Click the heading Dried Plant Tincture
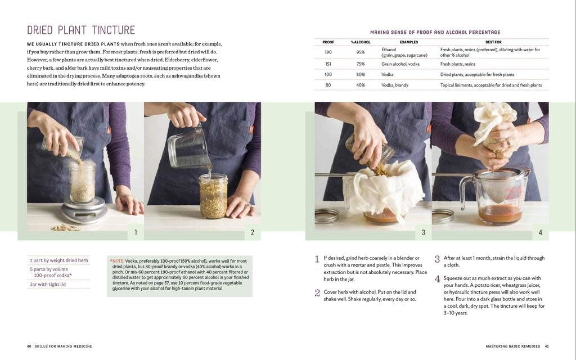click(81, 30)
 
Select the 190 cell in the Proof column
click(328, 52)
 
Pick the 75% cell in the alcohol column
click(361, 64)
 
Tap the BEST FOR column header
click(493, 42)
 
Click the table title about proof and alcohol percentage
click(435, 32)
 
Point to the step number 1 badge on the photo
click(136, 232)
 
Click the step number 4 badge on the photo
click(540, 232)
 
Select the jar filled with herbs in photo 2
click(213, 196)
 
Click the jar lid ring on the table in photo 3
click(327, 215)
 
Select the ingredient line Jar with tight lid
click(48, 284)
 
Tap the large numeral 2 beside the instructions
click(317, 293)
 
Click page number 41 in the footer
click(547, 346)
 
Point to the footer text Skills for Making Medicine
click(63, 346)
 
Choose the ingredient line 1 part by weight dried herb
click(58, 260)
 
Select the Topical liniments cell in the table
click(490, 85)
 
